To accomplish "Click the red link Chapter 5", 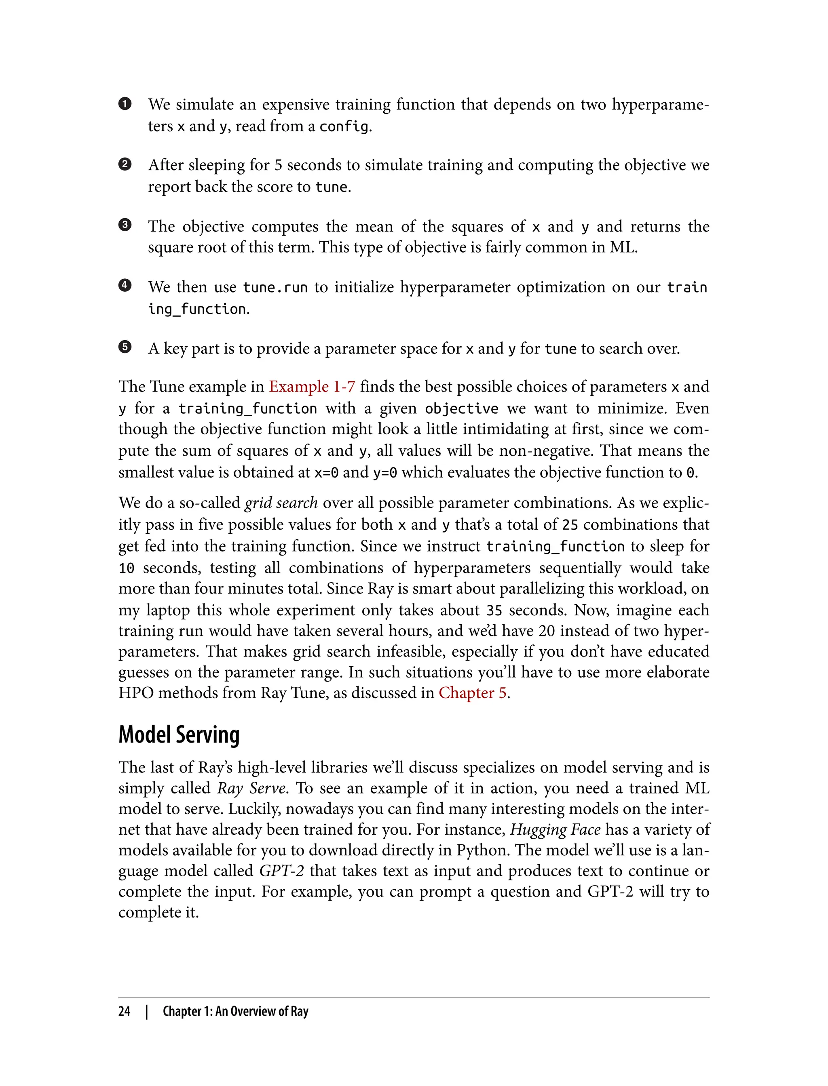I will (473, 692).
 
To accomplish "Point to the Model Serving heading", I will (179, 735).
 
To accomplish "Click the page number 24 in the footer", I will (124, 1011).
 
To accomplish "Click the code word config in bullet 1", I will (344, 126).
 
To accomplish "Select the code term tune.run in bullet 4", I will (275, 287).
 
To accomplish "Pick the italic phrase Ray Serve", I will (251, 788).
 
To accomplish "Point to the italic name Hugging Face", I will (555, 829).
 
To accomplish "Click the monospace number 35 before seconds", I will (494, 610).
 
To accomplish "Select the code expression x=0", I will (326, 473).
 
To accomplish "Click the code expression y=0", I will (385, 473).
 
